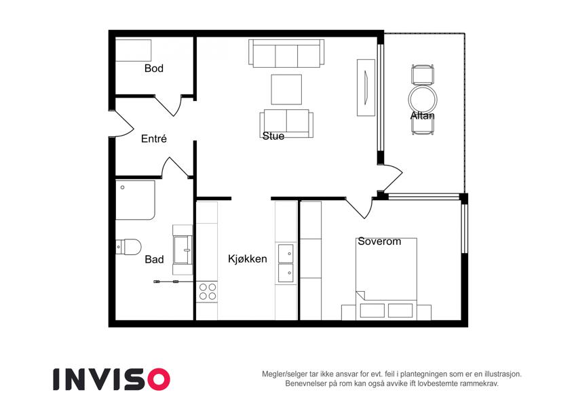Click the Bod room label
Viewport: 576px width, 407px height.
point(153,69)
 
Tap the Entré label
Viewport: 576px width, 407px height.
point(154,138)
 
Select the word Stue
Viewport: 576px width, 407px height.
point(273,136)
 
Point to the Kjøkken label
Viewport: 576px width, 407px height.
point(247,259)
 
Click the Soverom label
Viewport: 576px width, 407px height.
point(379,241)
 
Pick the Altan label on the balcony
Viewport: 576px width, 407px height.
point(423,116)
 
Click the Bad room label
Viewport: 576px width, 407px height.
point(154,260)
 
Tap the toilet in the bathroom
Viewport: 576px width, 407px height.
point(129,247)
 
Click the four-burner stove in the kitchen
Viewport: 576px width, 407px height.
point(207,292)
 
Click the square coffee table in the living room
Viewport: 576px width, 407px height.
point(286,90)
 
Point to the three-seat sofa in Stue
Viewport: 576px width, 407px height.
point(286,54)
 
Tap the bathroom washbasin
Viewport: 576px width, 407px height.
point(183,250)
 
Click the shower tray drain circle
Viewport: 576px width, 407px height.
point(122,187)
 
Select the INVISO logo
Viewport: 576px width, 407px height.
point(111,379)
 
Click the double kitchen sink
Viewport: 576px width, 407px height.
point(286,263)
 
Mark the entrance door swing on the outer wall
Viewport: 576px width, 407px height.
point(123,123)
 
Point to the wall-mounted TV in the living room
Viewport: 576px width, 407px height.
point(366,88)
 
